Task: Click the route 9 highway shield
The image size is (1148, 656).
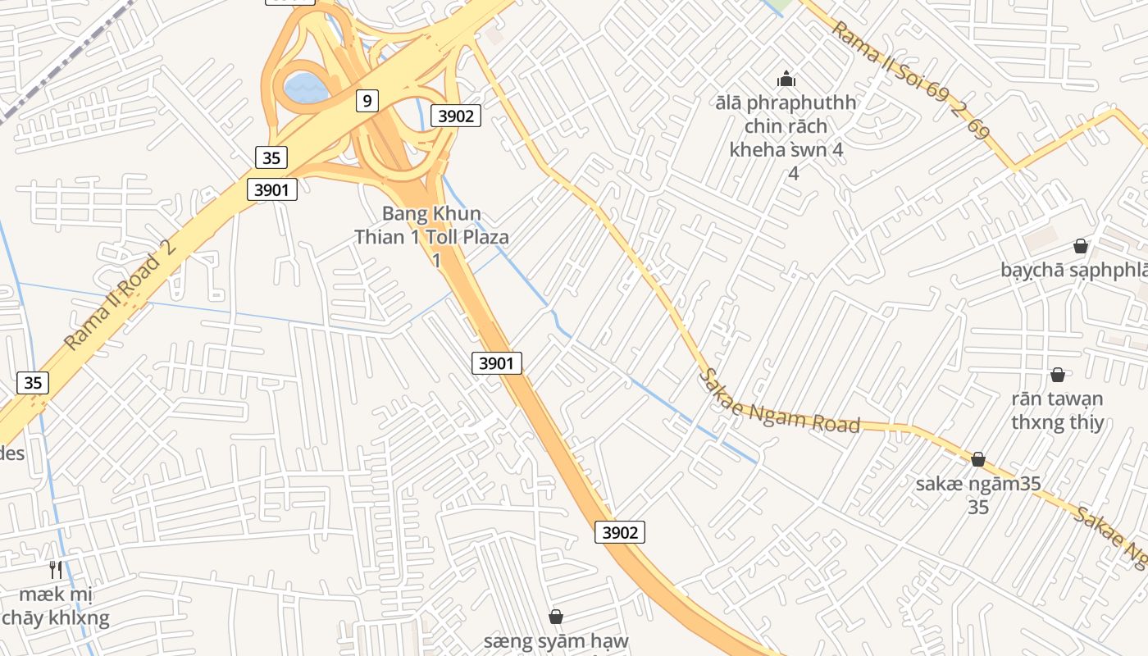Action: [367, 101]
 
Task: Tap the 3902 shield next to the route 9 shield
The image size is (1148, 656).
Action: [455, 116]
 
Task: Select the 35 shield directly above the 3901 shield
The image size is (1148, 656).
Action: [271, 157]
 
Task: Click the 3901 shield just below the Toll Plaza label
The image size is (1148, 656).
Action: [496, 362]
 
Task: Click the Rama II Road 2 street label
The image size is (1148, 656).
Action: [121, 294]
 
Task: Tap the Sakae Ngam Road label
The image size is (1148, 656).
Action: [778, 402]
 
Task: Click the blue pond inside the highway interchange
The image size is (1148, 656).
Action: [305, 86]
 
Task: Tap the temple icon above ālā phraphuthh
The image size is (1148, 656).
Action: [786, 80]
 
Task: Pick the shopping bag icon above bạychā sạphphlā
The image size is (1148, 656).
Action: [1080, 246]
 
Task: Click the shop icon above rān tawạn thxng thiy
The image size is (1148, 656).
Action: [1058, 375]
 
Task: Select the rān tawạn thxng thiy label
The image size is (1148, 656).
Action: [1057, 411]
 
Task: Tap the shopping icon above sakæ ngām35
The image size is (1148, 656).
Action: [977, 459]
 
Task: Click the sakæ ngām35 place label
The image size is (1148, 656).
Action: [977, 484]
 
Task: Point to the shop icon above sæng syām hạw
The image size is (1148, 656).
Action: [556, 616]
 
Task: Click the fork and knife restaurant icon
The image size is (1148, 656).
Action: [56, 569]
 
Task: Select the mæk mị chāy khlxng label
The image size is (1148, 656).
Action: [56, 606]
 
